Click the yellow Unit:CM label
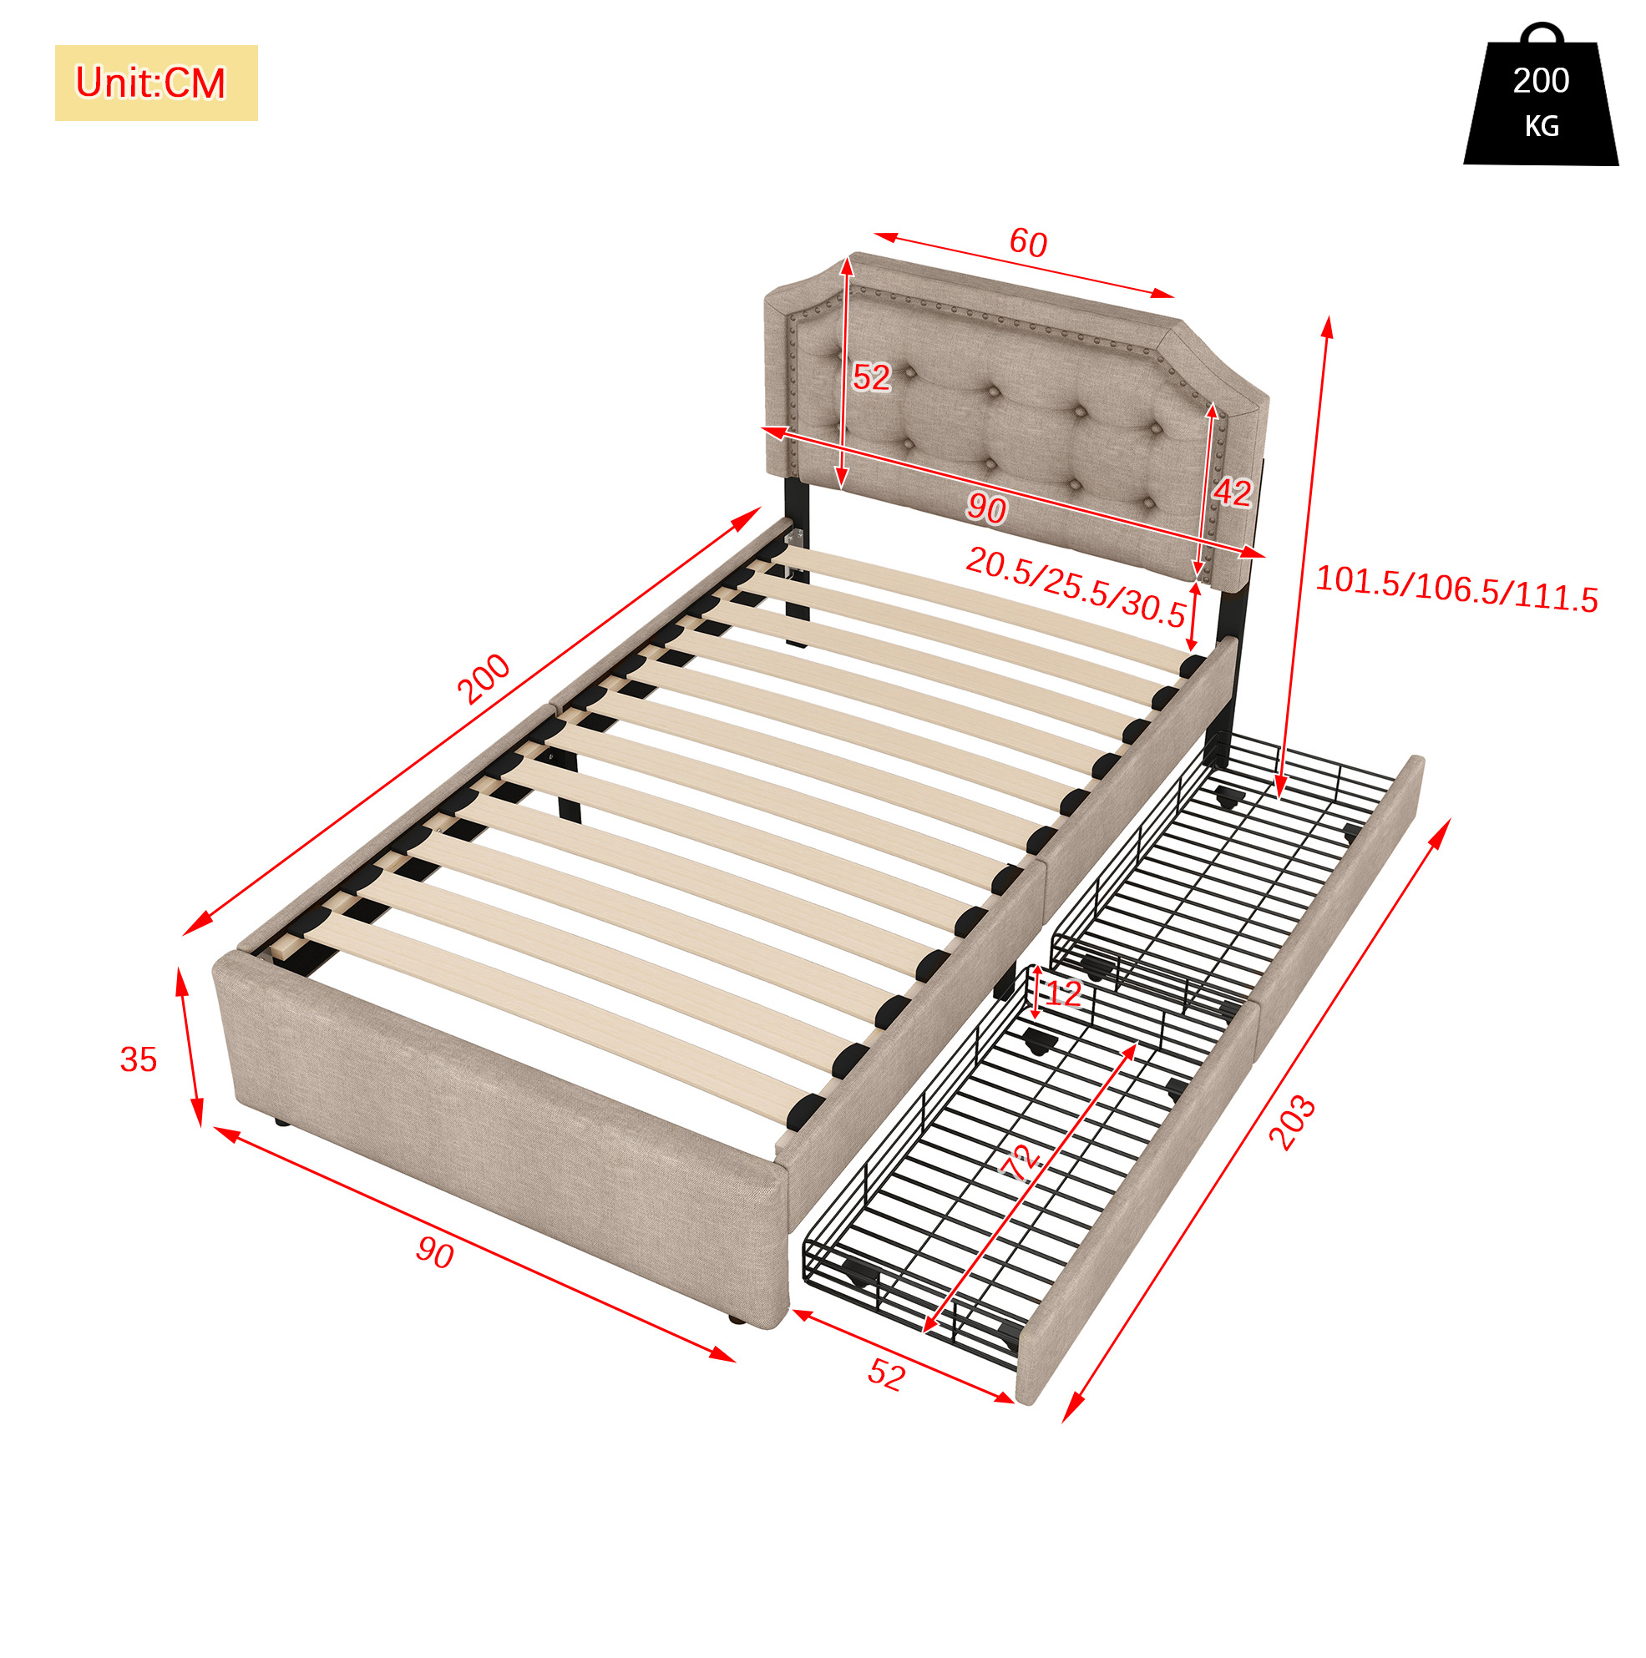tap(155, 83)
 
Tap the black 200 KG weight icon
tap(1541, 95)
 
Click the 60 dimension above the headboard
tap(1028, 243)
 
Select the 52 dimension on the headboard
tap(872, 377)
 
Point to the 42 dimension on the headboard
tap(1231, 492)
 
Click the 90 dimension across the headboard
tap(985, 509)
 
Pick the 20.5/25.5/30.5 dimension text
tap(1076, 587)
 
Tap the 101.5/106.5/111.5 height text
tap(1456, 589)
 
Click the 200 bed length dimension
tap(484, 679)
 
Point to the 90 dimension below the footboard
tap(435, 1254)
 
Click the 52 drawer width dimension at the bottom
tap(886, 1376)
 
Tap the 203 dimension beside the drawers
tap(1291, 1123)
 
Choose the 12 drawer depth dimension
tap(1064, 993)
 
